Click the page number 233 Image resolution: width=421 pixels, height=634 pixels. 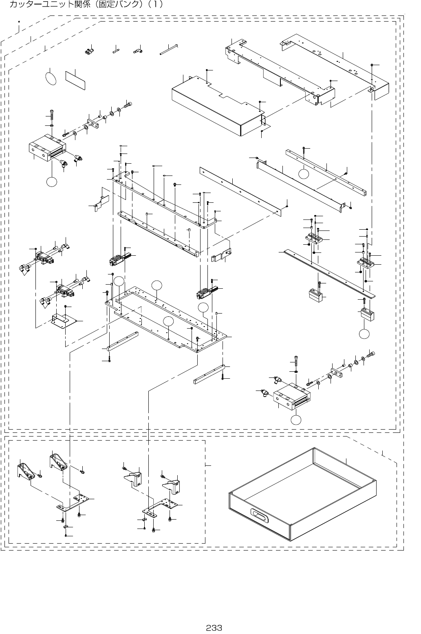[x=214, y=627]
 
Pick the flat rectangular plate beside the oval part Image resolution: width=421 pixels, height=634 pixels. [x=75, y=80]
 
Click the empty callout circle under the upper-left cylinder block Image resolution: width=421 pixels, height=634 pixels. [x=51, y=182]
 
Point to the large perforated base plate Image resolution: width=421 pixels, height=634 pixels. [x=167, y=316]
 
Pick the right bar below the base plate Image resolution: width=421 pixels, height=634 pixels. [x=209, y=374]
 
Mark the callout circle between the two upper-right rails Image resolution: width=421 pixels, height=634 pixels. [x=303, y=173]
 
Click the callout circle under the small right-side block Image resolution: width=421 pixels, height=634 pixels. [x=364, y=333]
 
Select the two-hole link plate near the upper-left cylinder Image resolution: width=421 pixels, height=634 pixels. [x=92, y=123]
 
